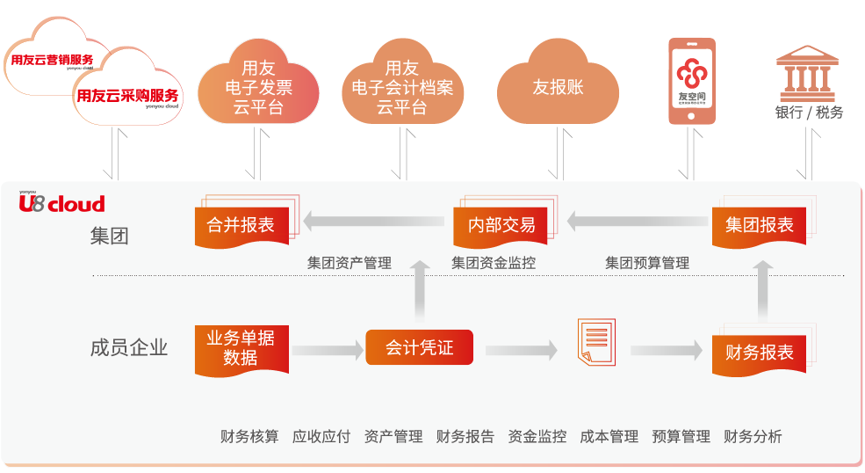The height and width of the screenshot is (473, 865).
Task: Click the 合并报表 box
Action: click(x=241, y=225)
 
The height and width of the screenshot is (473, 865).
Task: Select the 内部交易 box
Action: click(x=501, y=225)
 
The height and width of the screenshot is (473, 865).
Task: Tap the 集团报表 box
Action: click(x=759, y=225)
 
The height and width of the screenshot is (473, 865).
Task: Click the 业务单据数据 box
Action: click(x=241, y=348)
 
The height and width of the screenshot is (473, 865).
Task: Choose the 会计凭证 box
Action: click(x=419, y=347)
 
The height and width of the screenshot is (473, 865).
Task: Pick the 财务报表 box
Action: click(x=759, y=353)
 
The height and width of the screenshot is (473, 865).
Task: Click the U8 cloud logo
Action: click(x=61, y=204)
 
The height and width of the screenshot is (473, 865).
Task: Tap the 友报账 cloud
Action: click(x=558, y=88)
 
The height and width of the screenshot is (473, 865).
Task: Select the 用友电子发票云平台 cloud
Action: click(x=258, y=88)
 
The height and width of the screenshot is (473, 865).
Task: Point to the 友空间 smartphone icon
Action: click(x=691, y=81)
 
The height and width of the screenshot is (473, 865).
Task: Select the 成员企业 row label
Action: click(x=128, y=347)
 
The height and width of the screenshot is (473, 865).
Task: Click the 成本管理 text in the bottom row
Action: click(x=609, y=437)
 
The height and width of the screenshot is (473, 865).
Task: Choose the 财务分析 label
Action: click(x=753, y=437)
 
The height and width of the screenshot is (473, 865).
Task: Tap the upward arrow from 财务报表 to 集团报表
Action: click(x=763, y=291)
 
